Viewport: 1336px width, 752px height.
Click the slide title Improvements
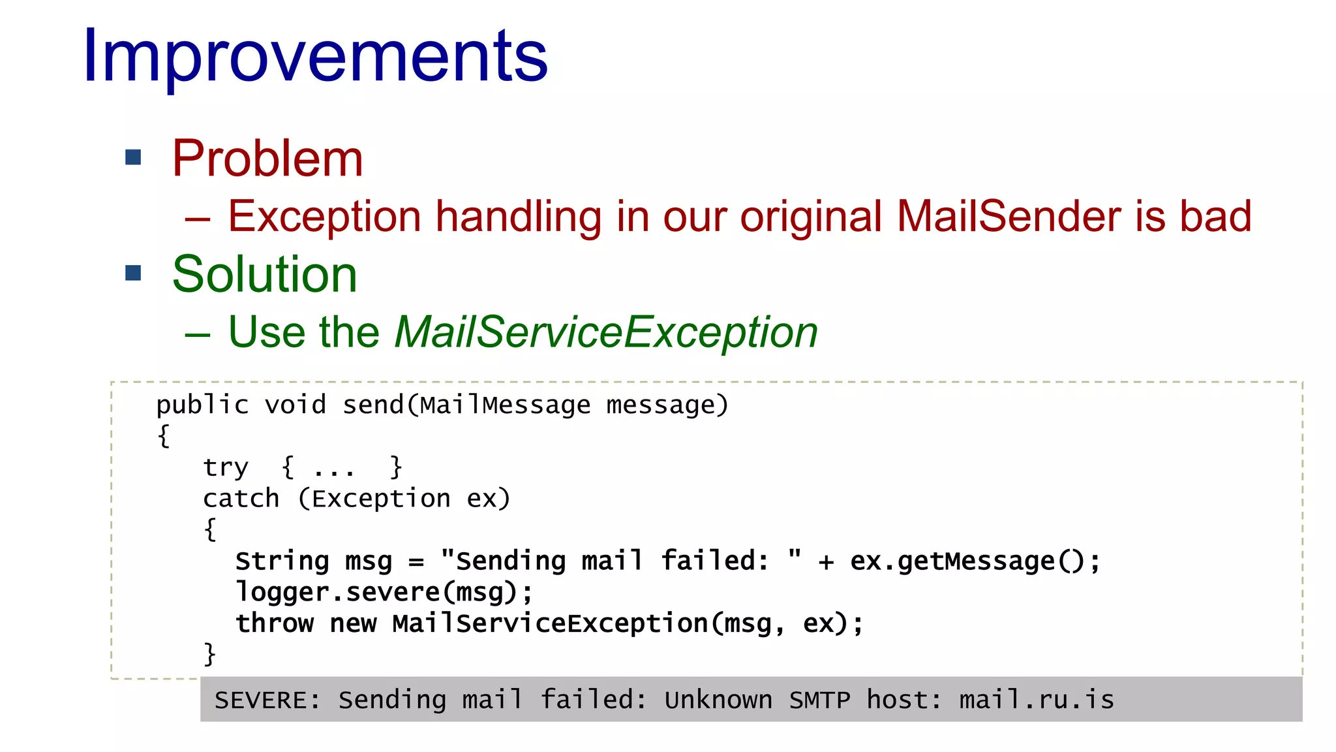pyautogui.click(x=315, y=57)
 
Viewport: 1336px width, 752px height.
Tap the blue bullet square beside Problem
pyautogui.click(x=133, y=157)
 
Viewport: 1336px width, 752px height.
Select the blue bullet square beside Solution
pyautogui.click(x=133, y=273)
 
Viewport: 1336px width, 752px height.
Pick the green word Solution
pyautogui.click(x=265, y=274)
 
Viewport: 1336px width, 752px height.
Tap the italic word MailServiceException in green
pyautogui.click(x=606, y=332)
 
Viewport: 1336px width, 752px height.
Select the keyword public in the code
pyautogui.click(x=202, y=405)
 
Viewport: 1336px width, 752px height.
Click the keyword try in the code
pyautogui.click(x=226, y=468)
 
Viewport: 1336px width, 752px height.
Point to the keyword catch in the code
pyautogui.click(x=241, y=499)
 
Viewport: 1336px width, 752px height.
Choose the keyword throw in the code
pyautogui.click(x=274, y=623)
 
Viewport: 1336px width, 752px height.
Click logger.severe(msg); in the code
pyautogui.click(x=384, y=593)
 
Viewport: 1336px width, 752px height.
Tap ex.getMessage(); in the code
pyautogui.click(x=975, y=561)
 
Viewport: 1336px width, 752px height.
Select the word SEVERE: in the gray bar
pyautogui.click(x=267, y=700)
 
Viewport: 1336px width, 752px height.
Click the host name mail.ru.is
pyautogui.click(x=1036, y=700)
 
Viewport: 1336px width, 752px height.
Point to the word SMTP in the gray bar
pyautogui.click(x=819, y=700)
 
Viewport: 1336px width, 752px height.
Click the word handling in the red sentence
pyautogui.click(x=519, y=216)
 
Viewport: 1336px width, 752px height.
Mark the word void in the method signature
pyautogui.click(x=295, y=405)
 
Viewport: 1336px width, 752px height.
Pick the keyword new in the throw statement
pyautogui.click(x=353, y=623)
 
